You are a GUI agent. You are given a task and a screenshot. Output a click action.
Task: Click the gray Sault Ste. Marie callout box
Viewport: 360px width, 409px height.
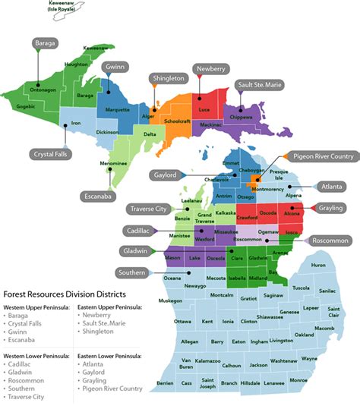click(258, 85)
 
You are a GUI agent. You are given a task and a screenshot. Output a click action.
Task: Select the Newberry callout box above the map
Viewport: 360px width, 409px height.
click(210, 68)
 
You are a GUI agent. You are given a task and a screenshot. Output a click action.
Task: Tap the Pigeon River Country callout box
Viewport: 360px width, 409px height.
click(324, 157)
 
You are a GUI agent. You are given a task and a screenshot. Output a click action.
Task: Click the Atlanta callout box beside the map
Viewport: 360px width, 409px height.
click(332, 185)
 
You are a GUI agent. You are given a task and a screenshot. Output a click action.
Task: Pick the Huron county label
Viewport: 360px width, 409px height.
click(318, 265)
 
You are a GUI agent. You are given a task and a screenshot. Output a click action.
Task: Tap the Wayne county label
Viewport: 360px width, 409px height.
click(308, 358)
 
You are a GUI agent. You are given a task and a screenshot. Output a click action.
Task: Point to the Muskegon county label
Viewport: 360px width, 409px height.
click(171, 300)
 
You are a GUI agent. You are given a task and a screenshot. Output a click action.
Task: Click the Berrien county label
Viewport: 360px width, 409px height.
click(165, 384)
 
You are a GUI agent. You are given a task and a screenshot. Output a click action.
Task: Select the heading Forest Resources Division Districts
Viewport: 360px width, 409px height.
click(65, 294)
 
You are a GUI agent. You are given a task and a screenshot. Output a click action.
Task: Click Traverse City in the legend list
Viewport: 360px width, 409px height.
click(27, 396)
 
